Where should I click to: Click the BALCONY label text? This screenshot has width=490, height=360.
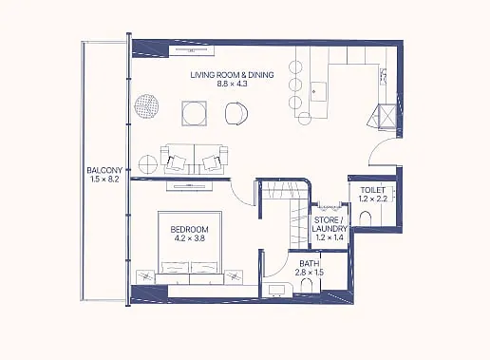coord(104,170)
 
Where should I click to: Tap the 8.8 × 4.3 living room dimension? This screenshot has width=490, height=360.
coord(232,84)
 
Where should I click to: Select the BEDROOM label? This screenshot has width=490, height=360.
coord(189,229)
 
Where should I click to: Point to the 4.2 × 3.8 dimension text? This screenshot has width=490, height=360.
coord(189,238)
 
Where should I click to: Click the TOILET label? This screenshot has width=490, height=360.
coord(373,190)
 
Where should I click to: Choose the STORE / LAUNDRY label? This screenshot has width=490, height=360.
coord(330,224)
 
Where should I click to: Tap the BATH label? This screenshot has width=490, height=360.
coord(309,263)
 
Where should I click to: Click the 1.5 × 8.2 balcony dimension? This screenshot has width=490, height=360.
coord(104,180)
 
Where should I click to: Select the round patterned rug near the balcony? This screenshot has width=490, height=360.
coord(146,105)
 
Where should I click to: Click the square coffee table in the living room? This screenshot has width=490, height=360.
coord(195,113)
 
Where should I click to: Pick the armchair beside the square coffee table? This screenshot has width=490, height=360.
coord(236,113)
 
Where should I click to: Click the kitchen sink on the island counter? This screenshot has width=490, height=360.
coord(318,91)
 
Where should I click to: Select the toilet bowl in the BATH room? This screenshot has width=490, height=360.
coord(307,285)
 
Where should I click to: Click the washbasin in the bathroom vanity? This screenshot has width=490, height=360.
coord(274,291)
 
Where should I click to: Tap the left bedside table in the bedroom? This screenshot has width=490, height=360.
coord(145,277)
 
